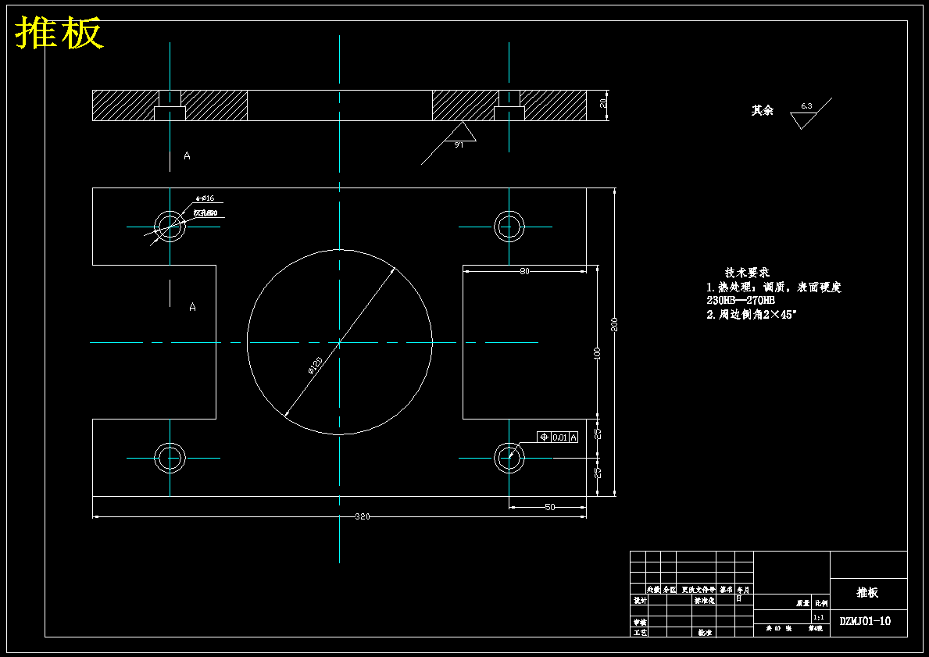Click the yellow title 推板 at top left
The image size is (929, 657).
click(x=59, y=34)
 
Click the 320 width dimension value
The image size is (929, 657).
click(x=363, y=516)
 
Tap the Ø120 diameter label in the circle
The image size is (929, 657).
click(x=316, y=366)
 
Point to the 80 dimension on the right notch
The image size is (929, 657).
click(x=524, y=271)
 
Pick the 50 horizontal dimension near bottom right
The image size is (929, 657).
click(x=549, y=507)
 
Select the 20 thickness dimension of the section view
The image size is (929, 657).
click(x=603, y=105)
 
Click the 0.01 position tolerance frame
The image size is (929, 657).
click(x=558, y=437)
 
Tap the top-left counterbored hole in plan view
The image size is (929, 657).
click(x=170, y=227)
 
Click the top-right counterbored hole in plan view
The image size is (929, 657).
click(x=509, y=227)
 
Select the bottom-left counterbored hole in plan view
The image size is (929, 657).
click(x=170, y=458)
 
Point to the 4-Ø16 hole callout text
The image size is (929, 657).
click(x=205, y=198)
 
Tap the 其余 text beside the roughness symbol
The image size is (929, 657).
click(x=762, y=111)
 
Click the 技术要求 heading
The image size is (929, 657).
click(x=747, y=273)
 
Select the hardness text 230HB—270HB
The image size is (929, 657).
click(x=740, y=300)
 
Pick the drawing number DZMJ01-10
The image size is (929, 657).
click(x=865, y=622)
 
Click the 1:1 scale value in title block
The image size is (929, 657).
click(x=819, y=616)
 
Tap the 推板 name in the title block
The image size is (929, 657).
click(x=867, y=592)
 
